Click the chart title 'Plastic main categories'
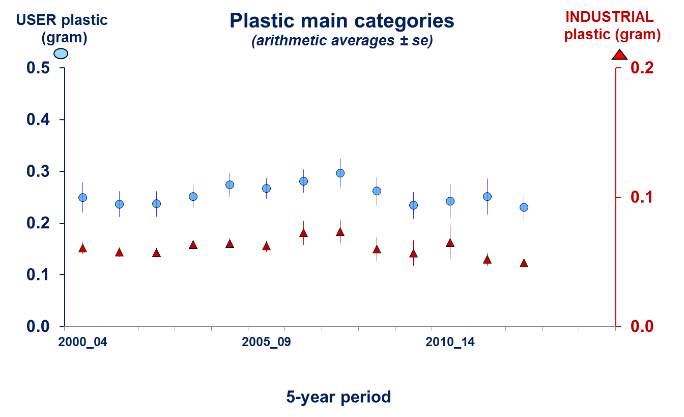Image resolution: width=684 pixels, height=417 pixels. [x=341, y=21]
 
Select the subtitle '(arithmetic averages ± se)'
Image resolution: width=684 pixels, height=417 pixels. [x=341, y=41]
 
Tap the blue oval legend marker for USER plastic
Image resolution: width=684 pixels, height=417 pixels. [x=61, y=54]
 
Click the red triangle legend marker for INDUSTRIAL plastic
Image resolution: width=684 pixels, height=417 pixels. [x=619, y=55]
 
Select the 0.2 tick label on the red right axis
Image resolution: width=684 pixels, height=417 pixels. [x=642, y=68]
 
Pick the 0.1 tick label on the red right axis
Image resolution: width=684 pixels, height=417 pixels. [x=642, y=197]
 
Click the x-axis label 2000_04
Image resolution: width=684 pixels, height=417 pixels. [x=82, y=342]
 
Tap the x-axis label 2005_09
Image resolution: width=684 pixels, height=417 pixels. [x=266, y=342]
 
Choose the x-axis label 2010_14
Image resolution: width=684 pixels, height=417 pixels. [x=450, y=342]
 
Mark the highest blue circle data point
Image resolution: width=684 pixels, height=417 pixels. [x=340, y=173]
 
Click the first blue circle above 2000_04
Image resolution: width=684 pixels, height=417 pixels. [x=82, y=197]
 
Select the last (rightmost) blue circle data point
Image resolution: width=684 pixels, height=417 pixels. [x=524, y=207]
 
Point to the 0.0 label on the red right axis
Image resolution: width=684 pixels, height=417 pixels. [x=642, y=326]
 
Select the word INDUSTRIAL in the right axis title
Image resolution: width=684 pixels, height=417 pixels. [x=609, y=17]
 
